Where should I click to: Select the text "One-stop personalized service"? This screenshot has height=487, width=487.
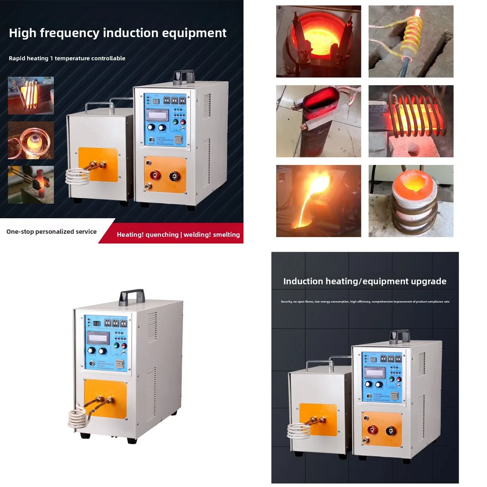[51, 232]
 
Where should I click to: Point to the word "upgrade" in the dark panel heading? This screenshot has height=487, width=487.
[427, 281]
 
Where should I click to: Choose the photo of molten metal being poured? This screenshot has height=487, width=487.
[318, 201]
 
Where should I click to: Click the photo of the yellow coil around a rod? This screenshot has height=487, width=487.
[411, 41]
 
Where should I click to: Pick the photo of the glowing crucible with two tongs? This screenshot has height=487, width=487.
[318, 41]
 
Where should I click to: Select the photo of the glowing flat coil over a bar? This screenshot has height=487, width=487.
[411, 121]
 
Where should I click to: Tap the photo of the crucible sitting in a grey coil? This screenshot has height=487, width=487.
[411, 201]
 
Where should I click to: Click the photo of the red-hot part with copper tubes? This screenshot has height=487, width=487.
[318, 121]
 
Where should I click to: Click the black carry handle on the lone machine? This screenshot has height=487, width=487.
[131, 295]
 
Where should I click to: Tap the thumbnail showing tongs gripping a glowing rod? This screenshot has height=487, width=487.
[31, 184]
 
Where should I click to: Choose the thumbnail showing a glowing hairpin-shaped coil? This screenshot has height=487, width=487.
[31, 95]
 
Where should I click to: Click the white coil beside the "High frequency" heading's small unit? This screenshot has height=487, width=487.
[76, 176]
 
